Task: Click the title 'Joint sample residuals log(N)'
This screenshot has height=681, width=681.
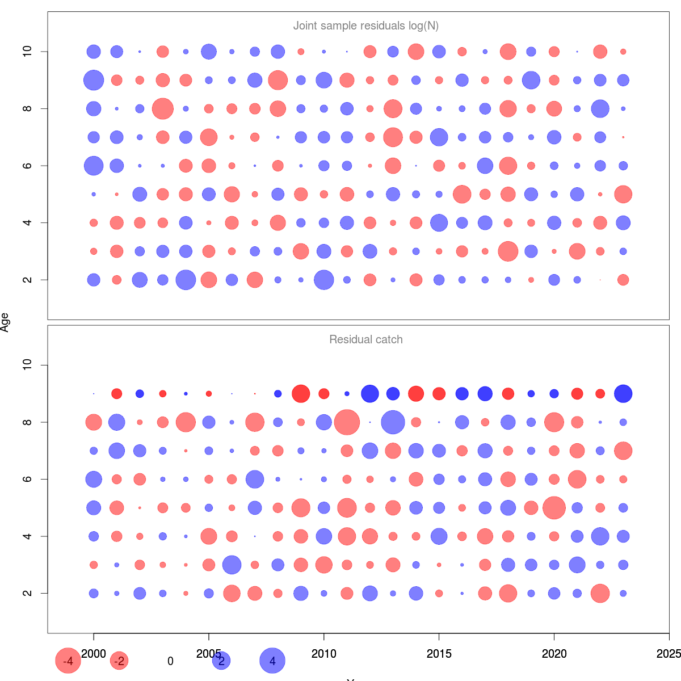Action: pyautogui.click(x=365, y=26)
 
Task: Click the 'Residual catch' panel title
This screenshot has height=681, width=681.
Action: pyautogui.click(x=365, y=340)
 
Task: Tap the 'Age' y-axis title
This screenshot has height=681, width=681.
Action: pyautogui.click(x=5, y=322)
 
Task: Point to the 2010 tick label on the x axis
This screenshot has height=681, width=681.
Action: pyautogui.click(x=323, y=654)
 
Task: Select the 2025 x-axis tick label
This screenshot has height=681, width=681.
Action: pyautogui.click(x=669, y=654)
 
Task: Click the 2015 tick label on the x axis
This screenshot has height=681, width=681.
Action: pyautogui.click(x=439, y=654)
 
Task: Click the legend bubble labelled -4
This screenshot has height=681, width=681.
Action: pyautogui.click(x=68, y=661)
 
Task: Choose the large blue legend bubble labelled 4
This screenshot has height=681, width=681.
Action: pyautogui.click(x=272, y=661)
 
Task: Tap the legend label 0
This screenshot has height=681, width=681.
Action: pyautogui.click(x=170, y=661)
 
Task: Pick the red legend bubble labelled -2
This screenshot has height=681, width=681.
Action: pyautogui.click(x=119, y=661)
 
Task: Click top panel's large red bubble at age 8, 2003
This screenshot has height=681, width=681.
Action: pyautogui.click(x=163, y=108)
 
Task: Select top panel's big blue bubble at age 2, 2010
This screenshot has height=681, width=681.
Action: pyautogui.click(x=323, y=280)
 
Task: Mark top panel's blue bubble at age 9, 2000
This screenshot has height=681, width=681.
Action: pyautogui.click(x=94, y=80)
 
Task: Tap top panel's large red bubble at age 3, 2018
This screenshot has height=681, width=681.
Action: pyautogui.click(x=508, y=251)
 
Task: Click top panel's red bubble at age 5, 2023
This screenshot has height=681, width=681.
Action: pyautogui.click(x=623, y=194)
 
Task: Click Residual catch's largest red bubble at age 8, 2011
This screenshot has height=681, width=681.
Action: pyautogui.click(x=347, y=422)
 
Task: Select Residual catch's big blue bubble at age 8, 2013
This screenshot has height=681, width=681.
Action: pyautogui.click(x=393, y=422)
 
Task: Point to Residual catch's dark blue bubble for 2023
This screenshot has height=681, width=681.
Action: pyautogui.click(x=623, y=394)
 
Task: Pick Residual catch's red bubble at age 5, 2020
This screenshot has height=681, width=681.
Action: pyautogui.click(x=554, y=508)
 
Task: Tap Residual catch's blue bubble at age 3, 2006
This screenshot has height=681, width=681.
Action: pyautogui.click(x=232, y=565)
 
